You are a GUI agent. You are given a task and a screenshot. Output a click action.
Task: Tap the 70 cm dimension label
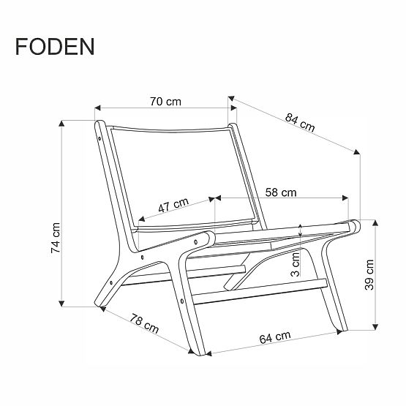click(165, 102)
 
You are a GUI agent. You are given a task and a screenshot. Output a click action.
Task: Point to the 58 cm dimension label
click(280, 192)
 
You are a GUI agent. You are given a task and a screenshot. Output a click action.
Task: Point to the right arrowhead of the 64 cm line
click(339, 332)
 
